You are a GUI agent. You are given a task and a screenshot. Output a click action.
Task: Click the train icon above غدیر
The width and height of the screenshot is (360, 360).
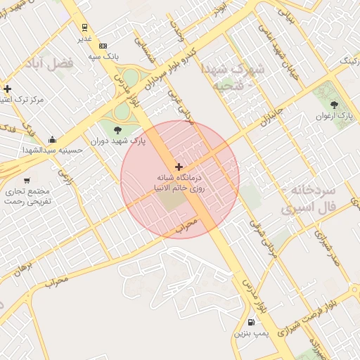pyautogui.click(x=84, y=28)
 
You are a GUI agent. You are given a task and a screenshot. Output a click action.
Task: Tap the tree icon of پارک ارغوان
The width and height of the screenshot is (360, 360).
pyautogui.click(x=334, y=105)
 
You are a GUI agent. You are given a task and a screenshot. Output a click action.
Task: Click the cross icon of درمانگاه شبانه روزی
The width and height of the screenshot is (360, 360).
pyautogui.click(x=179, y=167)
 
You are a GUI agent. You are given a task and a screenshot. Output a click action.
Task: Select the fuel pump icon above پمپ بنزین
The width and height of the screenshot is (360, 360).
pyautogui.click(x=252, y=323)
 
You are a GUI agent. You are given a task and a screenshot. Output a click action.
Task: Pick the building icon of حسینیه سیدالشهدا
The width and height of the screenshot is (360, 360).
pyautogui.click(x=53, y=139)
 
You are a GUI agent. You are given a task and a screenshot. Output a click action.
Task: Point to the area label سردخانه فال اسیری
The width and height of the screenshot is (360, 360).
pyautogui.click(x=309, y=200)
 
